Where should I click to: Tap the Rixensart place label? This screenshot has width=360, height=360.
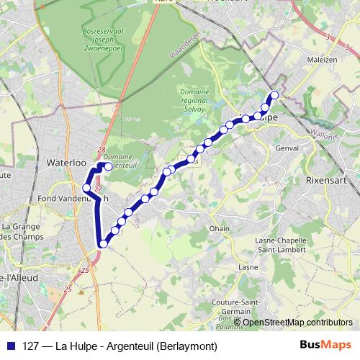(x=325, y=179)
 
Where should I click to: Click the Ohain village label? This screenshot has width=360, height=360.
(x=219, y=228)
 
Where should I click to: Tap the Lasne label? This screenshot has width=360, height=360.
(x=248, y=266)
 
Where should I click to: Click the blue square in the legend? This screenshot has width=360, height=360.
(x=9, y=346)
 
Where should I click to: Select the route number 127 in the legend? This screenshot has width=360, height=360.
(x=31, y=346)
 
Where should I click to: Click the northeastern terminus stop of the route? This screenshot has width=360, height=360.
(x=274, y=95)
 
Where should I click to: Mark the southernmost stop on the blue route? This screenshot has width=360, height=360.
(x=103, y=243)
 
